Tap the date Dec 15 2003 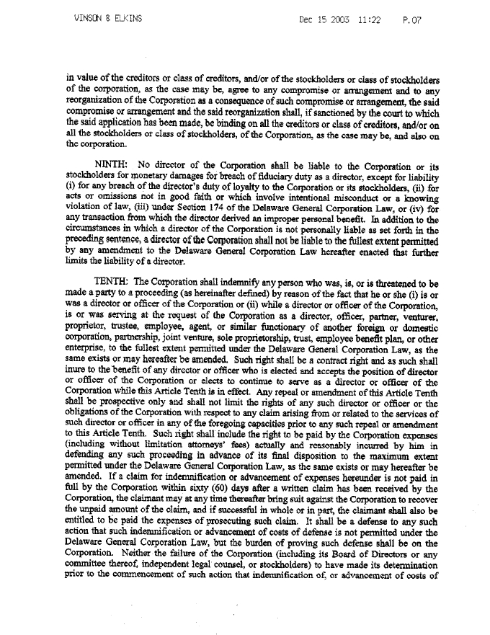[324, 20]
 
